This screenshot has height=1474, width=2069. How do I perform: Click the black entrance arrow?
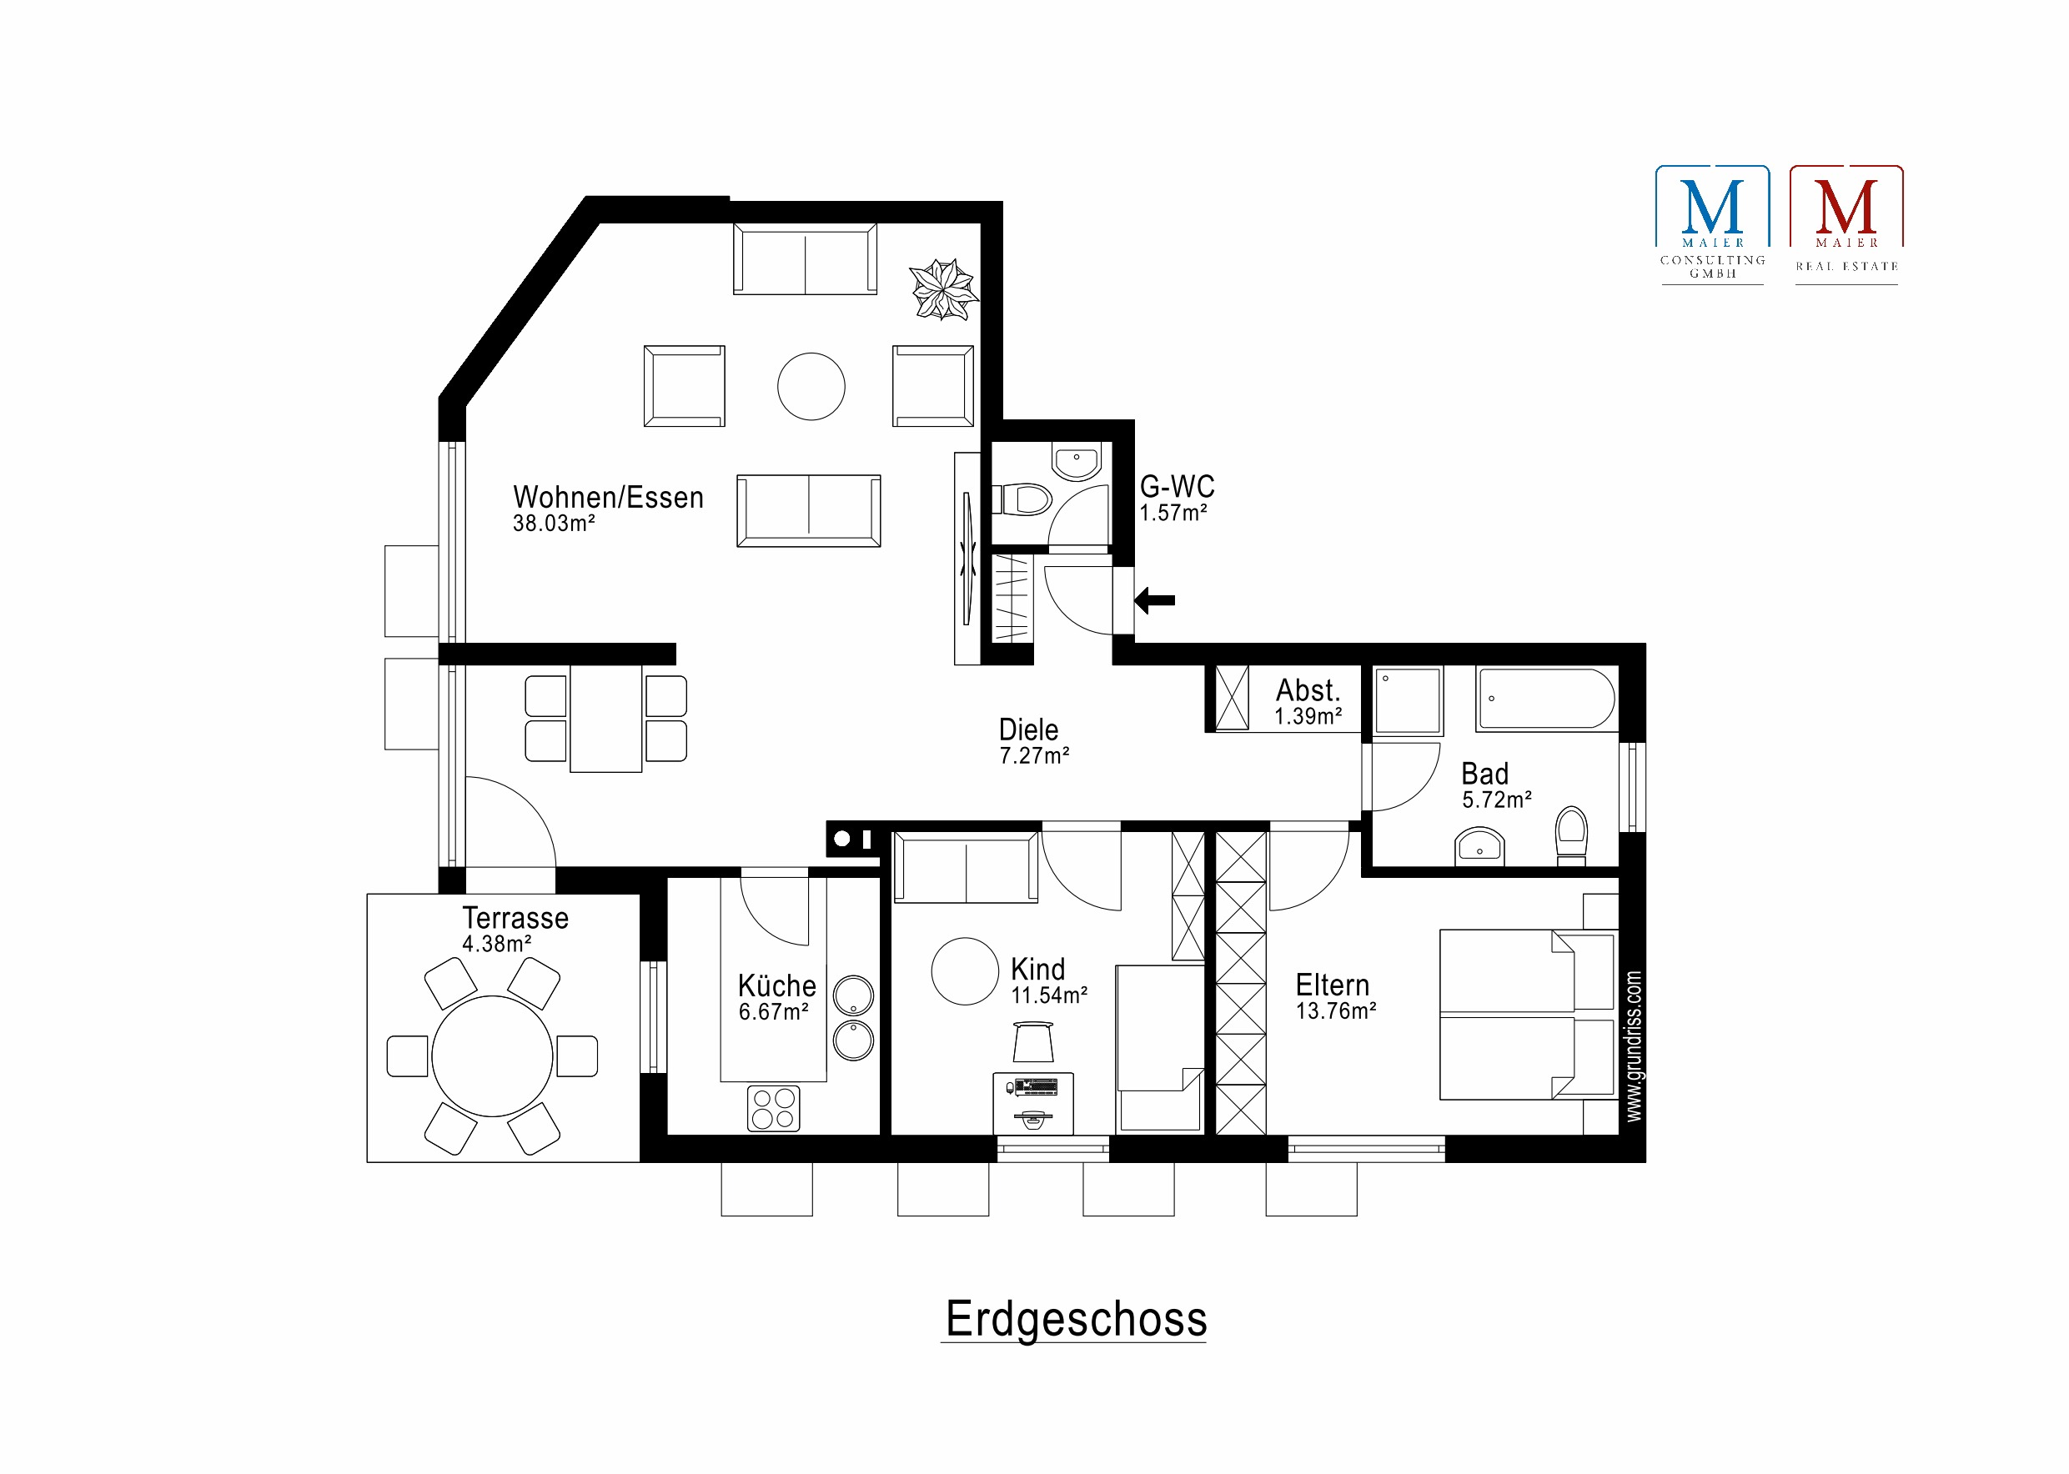click(x=1154, y=600)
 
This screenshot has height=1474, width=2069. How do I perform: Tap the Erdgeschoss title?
click(x=1076, y=1320)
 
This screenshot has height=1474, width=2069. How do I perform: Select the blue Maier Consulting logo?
click(x=1712, y=224)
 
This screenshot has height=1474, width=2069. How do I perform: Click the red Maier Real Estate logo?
click(x=1846, y=224)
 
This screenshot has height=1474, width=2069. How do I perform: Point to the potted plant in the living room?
click(x=943, y=289)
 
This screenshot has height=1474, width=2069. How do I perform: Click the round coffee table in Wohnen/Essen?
click(x=811, y=387)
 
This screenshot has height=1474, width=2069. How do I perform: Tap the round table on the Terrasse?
click(x=492, y=1055)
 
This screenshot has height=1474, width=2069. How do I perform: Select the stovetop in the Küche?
click(x=774, y=1108)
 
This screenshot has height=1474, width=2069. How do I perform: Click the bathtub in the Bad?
click(x=1546, y=699)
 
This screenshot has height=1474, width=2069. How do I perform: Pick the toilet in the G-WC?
click(x=1024, y=499)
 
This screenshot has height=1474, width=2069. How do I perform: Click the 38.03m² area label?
click(x=554, y=524)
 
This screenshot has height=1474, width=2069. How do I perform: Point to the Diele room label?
click(x=1027, y=729)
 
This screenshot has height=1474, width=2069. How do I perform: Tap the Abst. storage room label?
click(x=1308, y=689)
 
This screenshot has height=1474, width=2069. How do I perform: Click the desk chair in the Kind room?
click(x=1033, y=1041)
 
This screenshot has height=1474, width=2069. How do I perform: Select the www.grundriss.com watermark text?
click(x=1633, y=1045)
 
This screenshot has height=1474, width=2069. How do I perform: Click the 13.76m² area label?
click(x=1335, y=1011)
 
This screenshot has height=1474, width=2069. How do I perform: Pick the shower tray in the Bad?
click(x=1407, y=699)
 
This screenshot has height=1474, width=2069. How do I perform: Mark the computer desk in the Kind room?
click(x=1033, y=1103)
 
